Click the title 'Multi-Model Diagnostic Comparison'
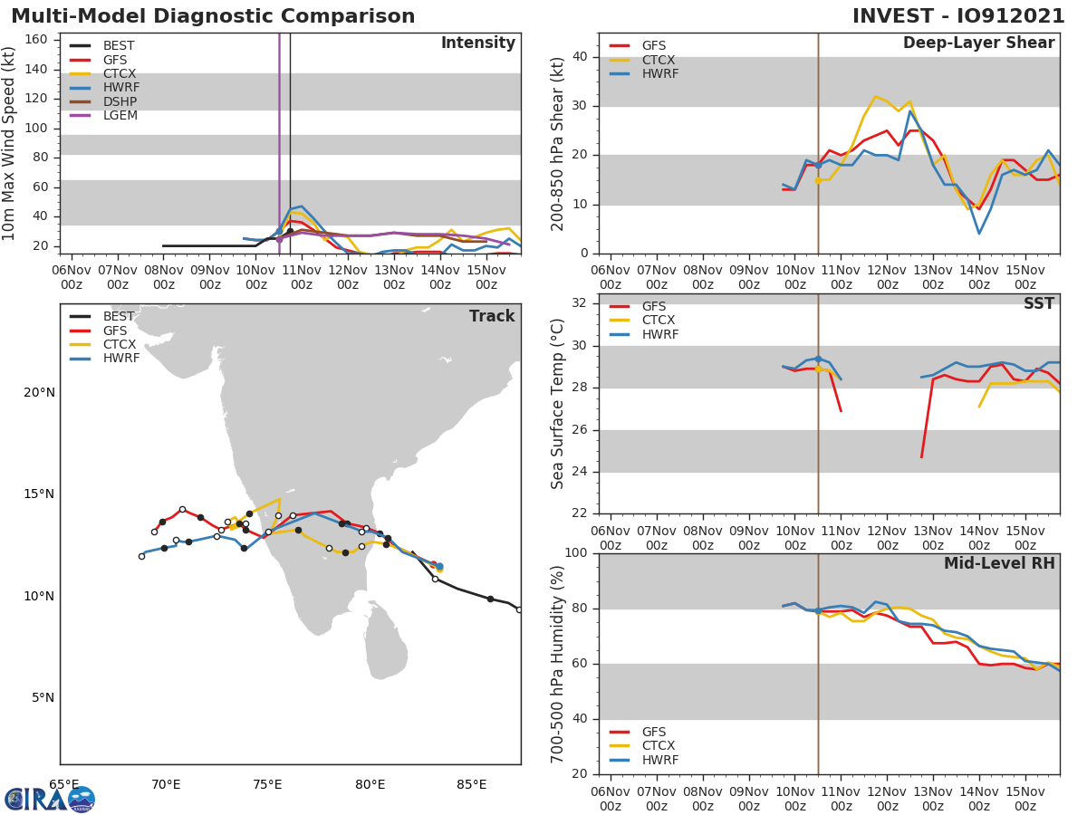213,16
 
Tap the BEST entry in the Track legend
119,316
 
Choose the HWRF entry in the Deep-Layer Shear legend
659,74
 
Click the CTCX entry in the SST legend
659,321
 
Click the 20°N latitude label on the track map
38,392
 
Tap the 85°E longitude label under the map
471,784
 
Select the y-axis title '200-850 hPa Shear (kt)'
558,143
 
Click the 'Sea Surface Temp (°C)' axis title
558,404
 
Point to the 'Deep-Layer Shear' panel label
978,43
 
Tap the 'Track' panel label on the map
491,316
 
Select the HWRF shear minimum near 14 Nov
979,234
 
